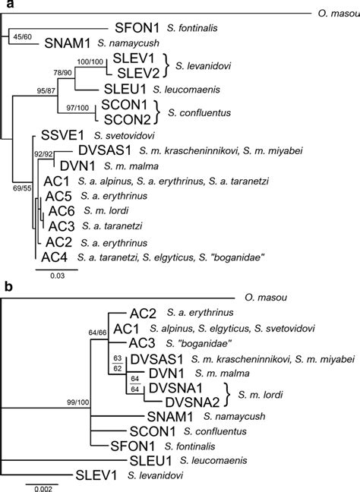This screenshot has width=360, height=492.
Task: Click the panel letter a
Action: (x=5, y=5)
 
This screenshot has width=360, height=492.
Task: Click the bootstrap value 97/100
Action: (x=81, y=108)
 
